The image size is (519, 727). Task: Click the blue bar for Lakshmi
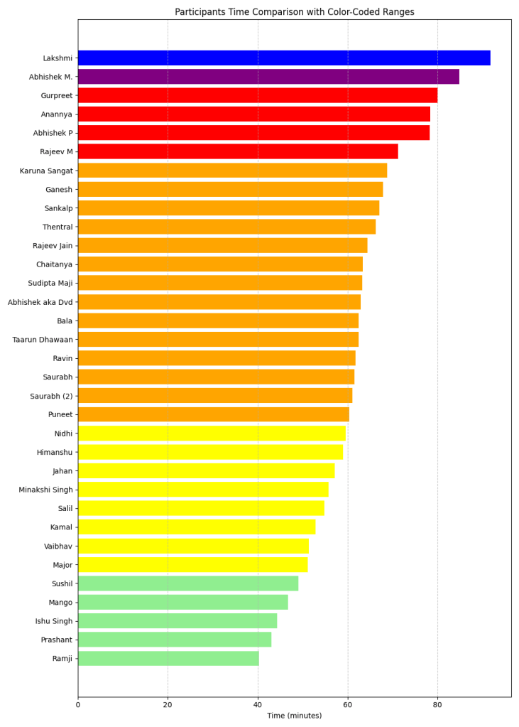284,58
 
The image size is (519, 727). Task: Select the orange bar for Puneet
213,414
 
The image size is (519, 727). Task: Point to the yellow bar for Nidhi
212,433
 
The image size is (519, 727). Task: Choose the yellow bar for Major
192,565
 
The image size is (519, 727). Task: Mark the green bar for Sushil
187,583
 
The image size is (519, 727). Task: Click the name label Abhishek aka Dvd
40,302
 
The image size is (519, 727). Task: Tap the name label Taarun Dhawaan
43,340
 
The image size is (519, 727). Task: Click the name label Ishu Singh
54,621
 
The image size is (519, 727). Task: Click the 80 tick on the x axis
437,705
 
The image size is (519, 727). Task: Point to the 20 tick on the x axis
168,705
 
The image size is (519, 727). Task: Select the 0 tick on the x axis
78,705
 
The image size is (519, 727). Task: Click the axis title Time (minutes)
294,716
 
